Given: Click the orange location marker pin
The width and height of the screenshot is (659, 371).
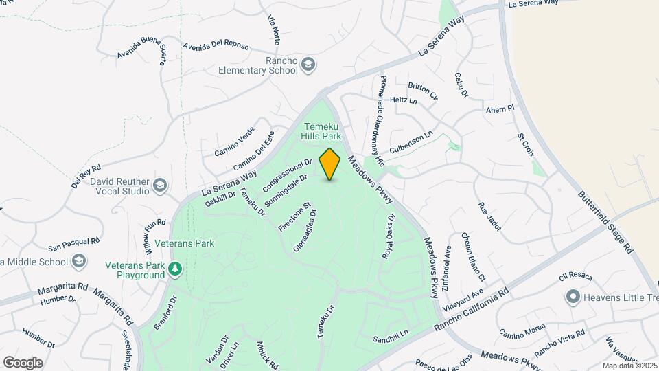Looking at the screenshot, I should [x=330, y=164].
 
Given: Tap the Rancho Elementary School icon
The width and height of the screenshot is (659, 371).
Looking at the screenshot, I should [x=309, y=65].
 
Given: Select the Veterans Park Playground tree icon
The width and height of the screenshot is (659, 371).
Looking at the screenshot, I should [x=176, y=268].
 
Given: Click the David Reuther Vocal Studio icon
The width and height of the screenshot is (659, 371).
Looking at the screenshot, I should [x=161, y=185].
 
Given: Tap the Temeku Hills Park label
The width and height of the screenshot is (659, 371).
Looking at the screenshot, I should [x=322, y=131].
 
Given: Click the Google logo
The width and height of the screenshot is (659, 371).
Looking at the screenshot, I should [x=23, y=362].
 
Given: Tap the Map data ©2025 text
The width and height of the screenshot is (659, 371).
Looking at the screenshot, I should [x=629, y=366].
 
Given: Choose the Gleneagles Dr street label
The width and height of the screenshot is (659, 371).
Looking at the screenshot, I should [x=305, y=231].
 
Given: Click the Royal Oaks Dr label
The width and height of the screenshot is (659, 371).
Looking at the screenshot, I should [x=389, y=236].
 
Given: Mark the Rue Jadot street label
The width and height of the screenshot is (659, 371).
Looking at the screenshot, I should [x=490, y=215].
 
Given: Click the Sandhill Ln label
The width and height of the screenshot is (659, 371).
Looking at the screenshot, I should [x=391, y=337].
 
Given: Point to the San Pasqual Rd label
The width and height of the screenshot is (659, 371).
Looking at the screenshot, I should [x=74, y=243].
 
